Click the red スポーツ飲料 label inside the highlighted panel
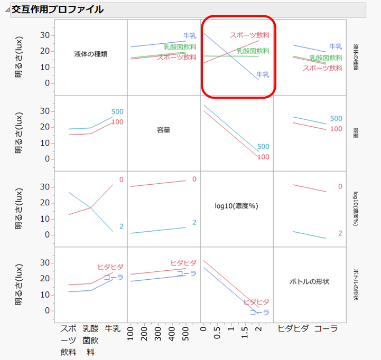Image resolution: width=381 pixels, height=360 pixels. pos(249,35)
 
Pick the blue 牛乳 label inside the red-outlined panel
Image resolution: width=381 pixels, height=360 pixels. pos(263,74)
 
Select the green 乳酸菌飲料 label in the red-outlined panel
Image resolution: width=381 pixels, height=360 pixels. pos(253,51)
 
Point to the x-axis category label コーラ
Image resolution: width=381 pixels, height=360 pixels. pos(326,329)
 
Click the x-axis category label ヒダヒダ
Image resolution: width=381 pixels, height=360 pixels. pos(293,329)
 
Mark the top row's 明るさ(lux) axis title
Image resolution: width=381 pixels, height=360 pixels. pos(19,57)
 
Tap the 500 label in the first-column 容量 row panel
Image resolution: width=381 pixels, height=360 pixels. pos(117,112)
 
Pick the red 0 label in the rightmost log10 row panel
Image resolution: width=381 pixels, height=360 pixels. pos(340,186)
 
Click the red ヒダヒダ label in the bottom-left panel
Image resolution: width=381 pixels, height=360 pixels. pos(110,267)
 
